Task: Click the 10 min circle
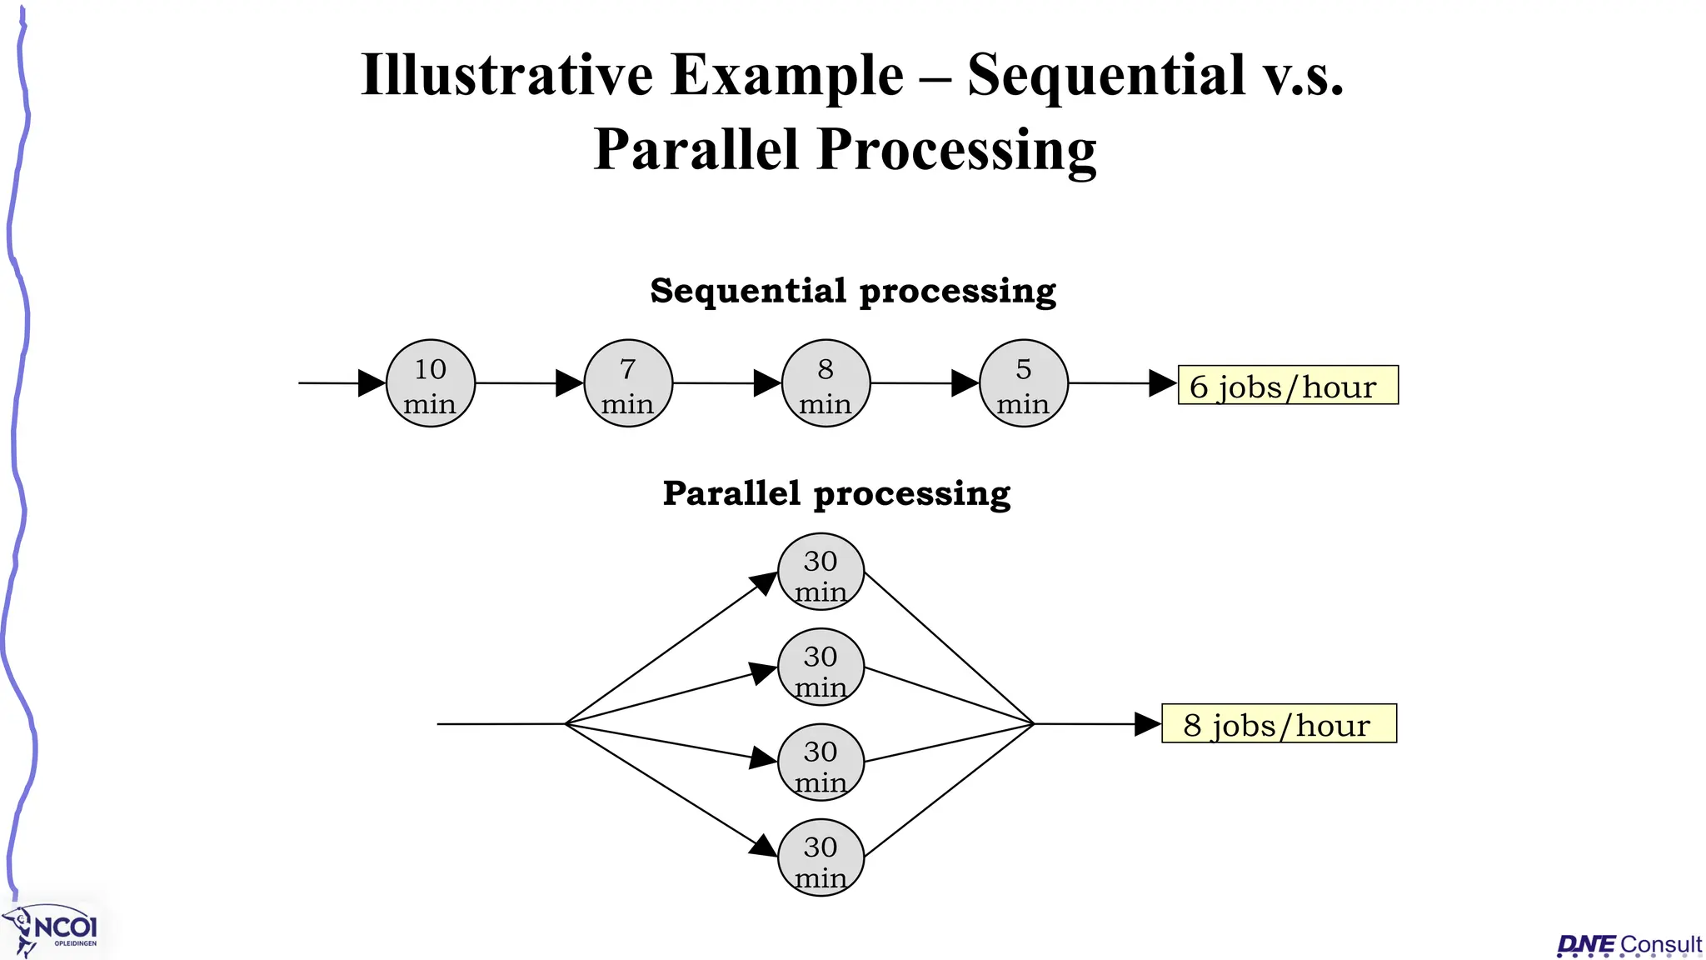point(431,384)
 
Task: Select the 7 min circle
point(628,384)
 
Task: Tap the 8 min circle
point(826,384)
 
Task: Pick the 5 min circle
point(1024,384)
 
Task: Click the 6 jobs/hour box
point(1288,385)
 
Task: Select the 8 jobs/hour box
point(1279,723)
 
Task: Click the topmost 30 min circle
point(821,572)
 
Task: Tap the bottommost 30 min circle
point(821,857)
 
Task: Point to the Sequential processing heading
point(853,292)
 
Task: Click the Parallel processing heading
point(836,493)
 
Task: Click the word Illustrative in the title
point(506,76)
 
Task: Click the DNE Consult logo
point(1629,944)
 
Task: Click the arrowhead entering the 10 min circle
point(372,383)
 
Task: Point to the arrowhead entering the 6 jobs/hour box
point(1162,383)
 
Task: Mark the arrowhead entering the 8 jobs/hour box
point(1147,724)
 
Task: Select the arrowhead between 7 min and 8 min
point(766,383)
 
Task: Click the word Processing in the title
point(957,151)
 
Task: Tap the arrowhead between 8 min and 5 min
point(965,383)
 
